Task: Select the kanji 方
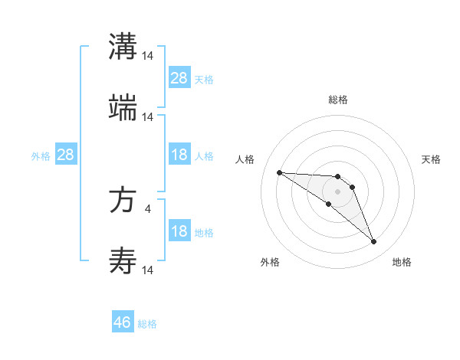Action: click(x=123, y=201)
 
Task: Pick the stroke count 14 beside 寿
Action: click(x=148, y=270)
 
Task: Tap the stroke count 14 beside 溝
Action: click(x=148, y=55)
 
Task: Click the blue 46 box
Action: click(x=123, y=322)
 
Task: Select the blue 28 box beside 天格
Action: click(x=179, y=77)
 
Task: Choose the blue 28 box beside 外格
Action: click(x=66, y=155)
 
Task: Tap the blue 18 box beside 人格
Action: click(x=179, y=155)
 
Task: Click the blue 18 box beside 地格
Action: click(x=179, y=232)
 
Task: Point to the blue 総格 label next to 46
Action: click(x=147, y=324)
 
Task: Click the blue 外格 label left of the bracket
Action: click(x=41, y=155)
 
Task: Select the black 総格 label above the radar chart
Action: click(x=338, y=100)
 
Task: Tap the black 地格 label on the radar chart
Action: click(x=402, y=262)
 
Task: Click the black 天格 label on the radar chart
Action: click(x=431, y=159)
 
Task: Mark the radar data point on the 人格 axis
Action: click(x=279, y=172)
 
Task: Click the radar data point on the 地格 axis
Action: click(x=373, y=242)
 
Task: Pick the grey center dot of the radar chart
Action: click(x=337, y=191)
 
